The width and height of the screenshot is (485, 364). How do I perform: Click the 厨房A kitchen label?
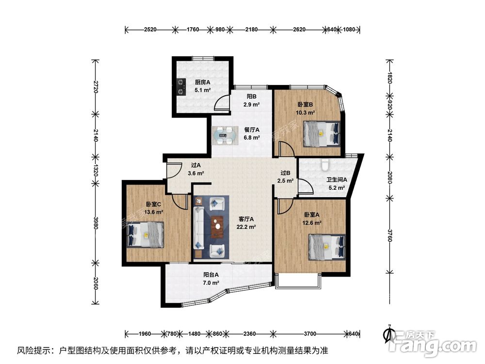click(x=202, y=83)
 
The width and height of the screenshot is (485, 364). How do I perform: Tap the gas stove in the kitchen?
click(x=180, y=87)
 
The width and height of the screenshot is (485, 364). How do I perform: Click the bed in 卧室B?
click(x=322, y=134)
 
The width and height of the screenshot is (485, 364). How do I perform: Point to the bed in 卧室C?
click(x=145, y=234)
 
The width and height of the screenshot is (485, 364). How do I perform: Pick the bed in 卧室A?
click(x=327, y=247)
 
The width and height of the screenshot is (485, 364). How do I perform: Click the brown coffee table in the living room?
click(x=217, y=227)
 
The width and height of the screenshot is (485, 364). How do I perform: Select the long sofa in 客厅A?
click(x=198, y=228)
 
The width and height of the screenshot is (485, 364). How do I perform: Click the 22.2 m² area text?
click(x=246, y=227)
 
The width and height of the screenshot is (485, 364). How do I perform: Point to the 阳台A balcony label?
click(x=211, y=275)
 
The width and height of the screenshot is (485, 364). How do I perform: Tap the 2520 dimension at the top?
click(x=150, y=30)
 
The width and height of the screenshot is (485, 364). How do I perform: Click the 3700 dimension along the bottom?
click(x=310, y=334)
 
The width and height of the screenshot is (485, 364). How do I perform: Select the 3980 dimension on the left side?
click(x=96, y=223)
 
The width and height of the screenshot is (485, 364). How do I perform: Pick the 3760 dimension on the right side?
click(x=389, y=235)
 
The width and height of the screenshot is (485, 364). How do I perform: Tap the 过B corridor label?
click(x=285, y=173)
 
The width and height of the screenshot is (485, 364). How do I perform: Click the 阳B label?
click(x=251, y=97)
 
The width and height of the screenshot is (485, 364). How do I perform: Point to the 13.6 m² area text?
click(x=154, y=213)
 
